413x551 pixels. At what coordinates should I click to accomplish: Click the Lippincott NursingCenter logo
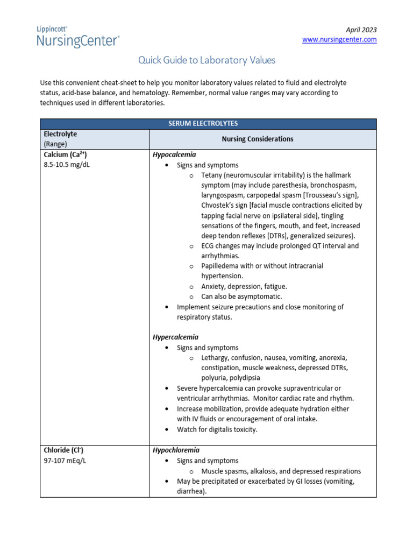(x=78, y=36)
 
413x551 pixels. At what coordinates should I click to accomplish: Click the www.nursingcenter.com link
(x=339, y=40)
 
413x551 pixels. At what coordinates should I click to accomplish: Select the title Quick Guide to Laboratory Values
(x=206, y=60)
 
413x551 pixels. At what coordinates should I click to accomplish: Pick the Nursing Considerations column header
(x=258, y=139)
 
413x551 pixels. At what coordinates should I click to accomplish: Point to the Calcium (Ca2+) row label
(x=65, y=155)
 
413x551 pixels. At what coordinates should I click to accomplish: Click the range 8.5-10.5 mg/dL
(x=67, y=165)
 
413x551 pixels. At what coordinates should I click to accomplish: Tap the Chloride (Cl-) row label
(x=63, y=450)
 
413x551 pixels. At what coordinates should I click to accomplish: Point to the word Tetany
(x=212, y=175)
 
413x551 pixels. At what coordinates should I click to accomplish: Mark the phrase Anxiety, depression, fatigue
(x=244, y=286)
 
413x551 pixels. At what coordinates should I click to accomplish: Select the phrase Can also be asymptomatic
(x=241, y=296)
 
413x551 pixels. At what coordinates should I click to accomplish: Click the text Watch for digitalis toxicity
(x=217, y=429)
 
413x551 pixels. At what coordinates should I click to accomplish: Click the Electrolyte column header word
(x=60, y=134)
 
